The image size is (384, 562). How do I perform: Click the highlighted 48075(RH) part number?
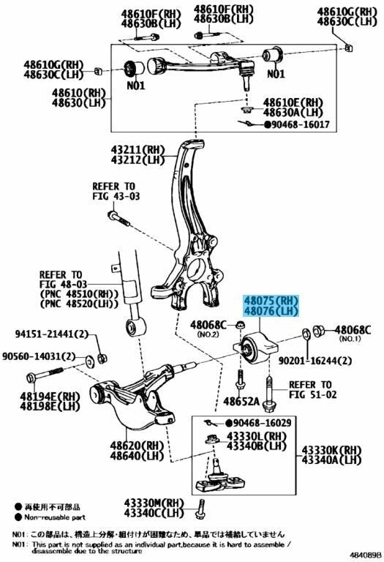[271, 300]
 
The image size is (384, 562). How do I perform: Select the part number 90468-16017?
[300, 124]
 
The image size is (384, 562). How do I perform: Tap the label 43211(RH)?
[138, 149]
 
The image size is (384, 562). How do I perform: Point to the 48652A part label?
[241, 401]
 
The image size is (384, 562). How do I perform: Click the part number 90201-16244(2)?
[315, 360]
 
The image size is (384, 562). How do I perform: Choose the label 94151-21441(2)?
[52, 334]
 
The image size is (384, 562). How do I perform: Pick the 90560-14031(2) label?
[39, 356]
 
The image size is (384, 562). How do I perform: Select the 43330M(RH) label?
[154, 503]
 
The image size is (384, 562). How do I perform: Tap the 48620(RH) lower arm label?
[137, 446]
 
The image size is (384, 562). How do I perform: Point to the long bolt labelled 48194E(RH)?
[45, 375]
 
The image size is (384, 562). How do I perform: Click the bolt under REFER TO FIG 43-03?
[118, 218]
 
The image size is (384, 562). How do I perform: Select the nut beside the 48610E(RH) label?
[246, 108]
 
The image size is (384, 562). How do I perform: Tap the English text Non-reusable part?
[55, 517]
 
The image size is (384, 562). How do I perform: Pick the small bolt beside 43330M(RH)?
[200, 509]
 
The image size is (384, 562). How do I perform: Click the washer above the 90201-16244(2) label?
[307, 333]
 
